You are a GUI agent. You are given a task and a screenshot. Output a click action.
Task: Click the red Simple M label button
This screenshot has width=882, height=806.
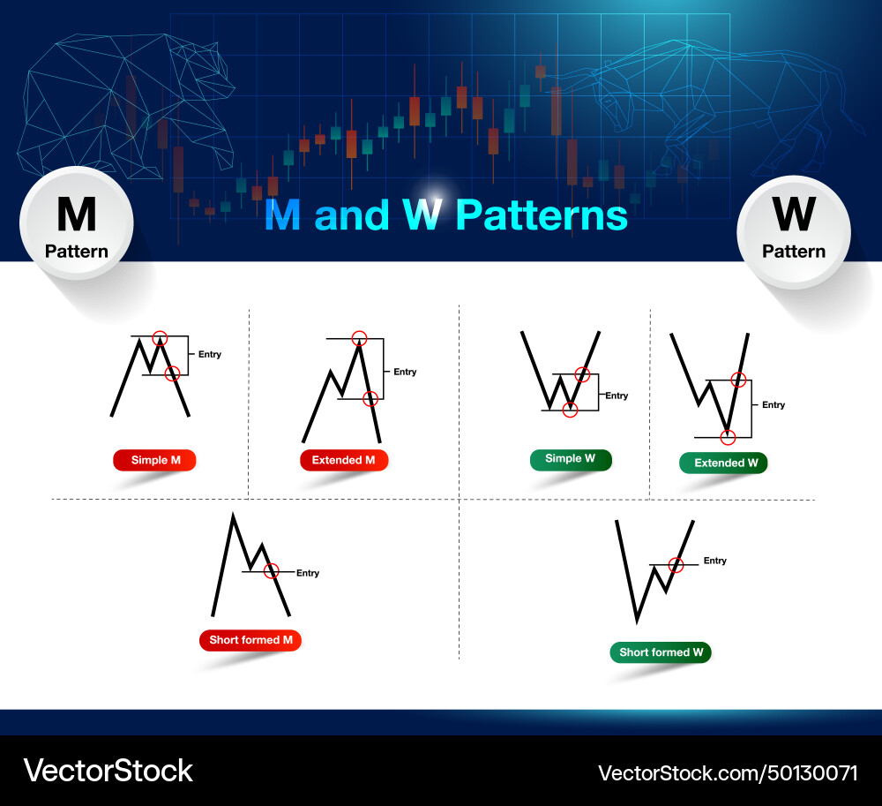[154, 460]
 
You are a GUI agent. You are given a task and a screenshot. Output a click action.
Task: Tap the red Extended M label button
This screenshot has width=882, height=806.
[344, 460]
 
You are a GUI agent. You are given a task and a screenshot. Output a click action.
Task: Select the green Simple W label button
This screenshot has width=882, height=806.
[570, 459]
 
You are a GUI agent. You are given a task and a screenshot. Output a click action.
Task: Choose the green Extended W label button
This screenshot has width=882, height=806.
[723, 463]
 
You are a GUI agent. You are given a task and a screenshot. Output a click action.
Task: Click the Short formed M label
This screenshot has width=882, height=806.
[250, 640]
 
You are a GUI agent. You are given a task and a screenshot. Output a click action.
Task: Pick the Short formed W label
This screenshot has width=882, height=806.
[661, 652]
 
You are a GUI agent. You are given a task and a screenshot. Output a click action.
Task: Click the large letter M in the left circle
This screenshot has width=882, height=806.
[76, 215]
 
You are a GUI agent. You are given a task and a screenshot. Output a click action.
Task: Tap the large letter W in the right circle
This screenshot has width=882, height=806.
[793, 215]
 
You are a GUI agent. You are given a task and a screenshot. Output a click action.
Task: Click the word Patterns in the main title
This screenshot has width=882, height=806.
[542, 215]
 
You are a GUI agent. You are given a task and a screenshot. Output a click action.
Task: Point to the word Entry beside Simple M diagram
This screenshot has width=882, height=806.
[210, 355]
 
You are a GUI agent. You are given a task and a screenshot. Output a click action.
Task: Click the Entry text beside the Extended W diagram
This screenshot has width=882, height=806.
[774, 405]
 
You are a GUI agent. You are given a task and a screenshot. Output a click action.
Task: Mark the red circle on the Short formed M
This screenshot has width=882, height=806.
[272, 570]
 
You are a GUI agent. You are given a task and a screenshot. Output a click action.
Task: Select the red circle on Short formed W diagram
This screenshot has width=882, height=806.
[676, 564]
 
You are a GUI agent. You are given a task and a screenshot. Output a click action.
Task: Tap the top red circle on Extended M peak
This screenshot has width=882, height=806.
[359, 337]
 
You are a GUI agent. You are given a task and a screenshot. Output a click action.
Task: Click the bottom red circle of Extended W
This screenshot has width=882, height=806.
[728, 437]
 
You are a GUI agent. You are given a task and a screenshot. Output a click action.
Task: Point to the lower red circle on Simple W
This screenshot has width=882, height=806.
[570, 410]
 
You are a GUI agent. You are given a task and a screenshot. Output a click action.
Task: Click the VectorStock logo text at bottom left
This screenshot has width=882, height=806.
[108, 770]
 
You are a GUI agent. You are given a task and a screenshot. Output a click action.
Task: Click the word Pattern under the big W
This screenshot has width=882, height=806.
[793, 252]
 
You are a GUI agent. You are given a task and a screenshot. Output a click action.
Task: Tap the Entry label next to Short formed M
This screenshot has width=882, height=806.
[308, 574]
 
